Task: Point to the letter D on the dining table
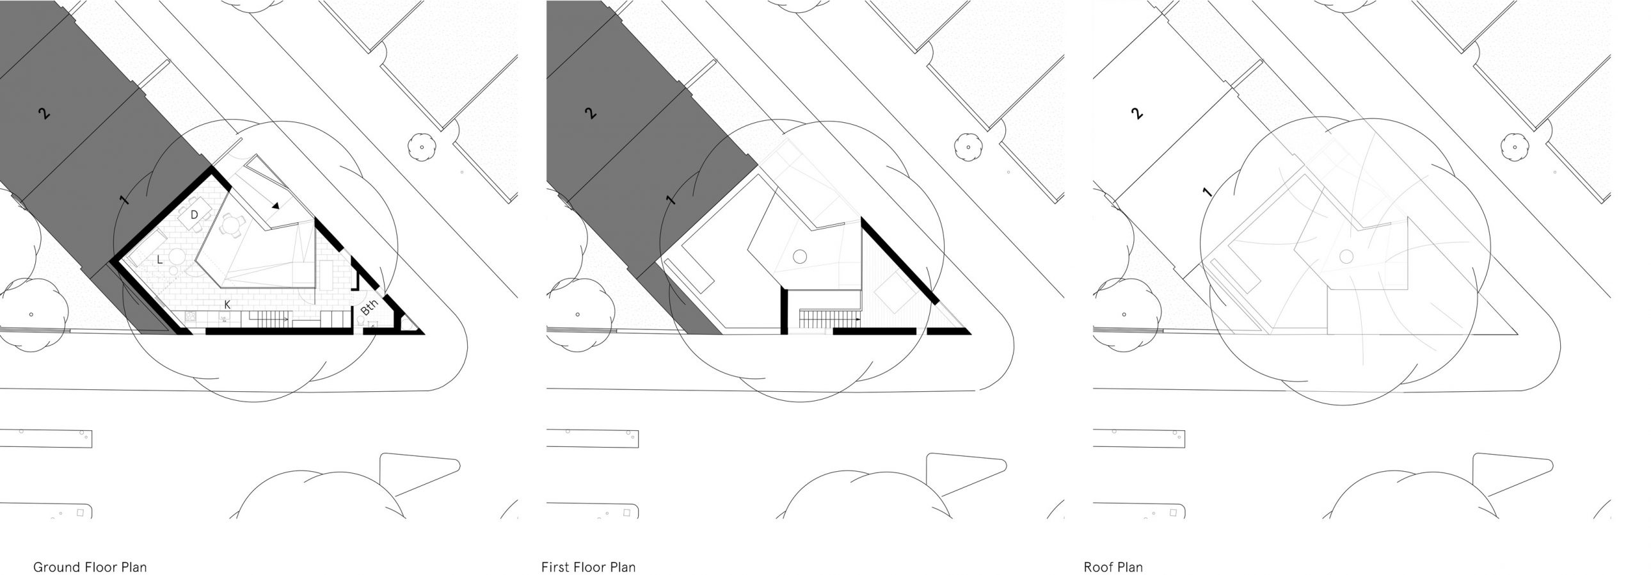tap(193, 213)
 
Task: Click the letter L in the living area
tap(160, 259)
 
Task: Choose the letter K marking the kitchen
tap(227, 305)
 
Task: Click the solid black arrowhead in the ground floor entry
tap(275, 206)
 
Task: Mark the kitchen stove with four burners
tap(190, 316)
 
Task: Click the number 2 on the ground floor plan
tap(44, 114)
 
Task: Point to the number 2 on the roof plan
tap(1137, 114)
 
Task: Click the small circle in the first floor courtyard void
tap(799, 257)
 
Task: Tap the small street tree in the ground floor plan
tap(422, 147)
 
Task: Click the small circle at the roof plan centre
tap(1346, 257)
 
